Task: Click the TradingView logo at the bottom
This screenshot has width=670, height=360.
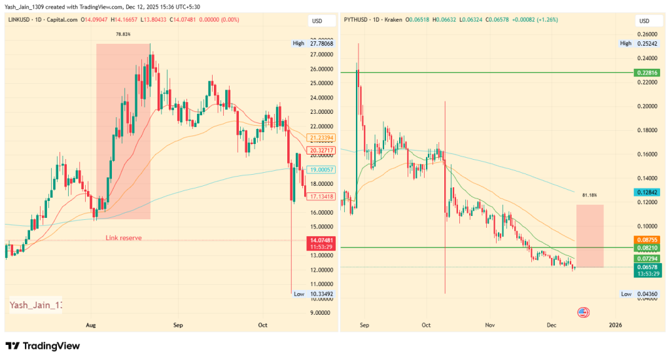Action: click(x=43, y=346)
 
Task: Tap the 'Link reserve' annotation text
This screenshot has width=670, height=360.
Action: click(x=124, y=238)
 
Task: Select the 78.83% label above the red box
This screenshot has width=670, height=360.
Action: click(x=123, y=34)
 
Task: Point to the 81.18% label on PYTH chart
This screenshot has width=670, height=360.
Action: click(x=589, y=195)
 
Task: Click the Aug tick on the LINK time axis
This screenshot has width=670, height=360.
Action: click(x=91, y=325)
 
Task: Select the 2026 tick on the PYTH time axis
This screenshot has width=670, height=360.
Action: click(x=615, y=325)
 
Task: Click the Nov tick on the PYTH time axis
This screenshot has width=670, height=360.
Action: click(x=489, y=325)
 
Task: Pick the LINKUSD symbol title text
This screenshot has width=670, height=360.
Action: click(x=23, y=21)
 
